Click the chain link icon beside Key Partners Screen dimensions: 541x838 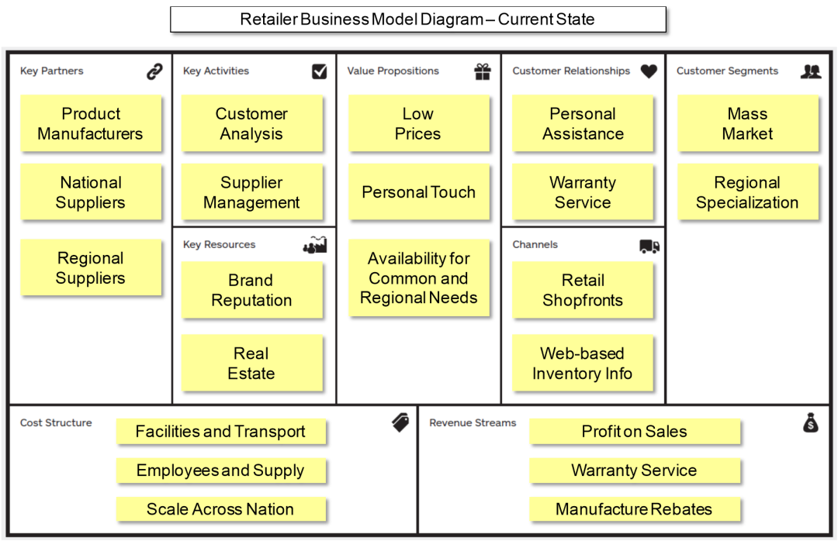pos(154,72)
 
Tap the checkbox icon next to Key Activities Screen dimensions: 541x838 pos(319,71)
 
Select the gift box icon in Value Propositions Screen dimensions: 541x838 pos(483,71)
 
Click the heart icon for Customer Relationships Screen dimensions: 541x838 pos(649,71)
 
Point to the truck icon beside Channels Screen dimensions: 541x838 pos(649,246)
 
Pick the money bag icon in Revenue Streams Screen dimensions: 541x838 pos(810,422)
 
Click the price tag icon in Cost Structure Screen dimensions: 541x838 pos(400,422)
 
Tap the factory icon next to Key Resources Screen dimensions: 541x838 pos(314,246)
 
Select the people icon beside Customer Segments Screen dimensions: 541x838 pos(811,71)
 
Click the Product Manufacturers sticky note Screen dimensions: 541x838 pos(91,123)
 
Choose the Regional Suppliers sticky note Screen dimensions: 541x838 pos(91,268)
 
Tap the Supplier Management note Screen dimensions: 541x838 pos(251,192)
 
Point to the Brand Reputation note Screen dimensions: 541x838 pos(251,290)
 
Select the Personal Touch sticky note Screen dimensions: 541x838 pos(418,192)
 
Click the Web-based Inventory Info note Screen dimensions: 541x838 pos(582,364)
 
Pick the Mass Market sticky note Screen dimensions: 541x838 pos(747,123)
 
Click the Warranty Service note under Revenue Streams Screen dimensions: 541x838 pos(634,470)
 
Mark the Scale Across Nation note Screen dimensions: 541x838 pos(220,509)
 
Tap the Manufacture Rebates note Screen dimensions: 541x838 pos(634,509)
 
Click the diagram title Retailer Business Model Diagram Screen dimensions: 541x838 pos(417,19)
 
